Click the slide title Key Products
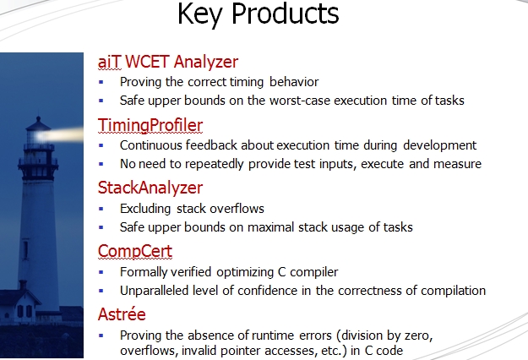(x=258, y=14)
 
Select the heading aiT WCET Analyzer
(x=168, y=62)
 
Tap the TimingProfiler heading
(x=150, y=125)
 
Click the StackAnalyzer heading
(x=150, y=188)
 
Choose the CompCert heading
(x=135, y=251)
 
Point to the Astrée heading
(x=122, y=314)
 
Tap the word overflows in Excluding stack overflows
(x=237, y=209)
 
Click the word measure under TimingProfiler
(x=457, y=164)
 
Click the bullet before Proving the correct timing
(x=101, y=82)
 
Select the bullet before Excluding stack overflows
(x=101, y=209)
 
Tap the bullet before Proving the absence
(x=101, y=335)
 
